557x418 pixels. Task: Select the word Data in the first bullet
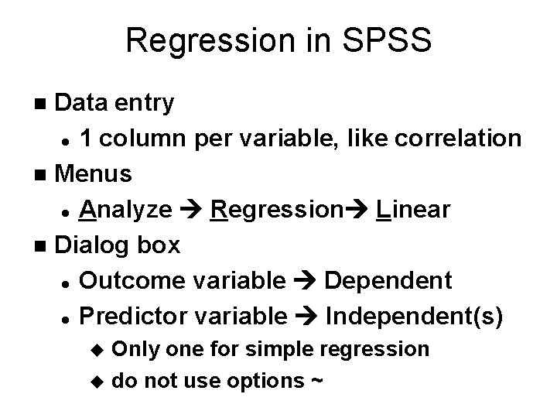[x=85, y=102]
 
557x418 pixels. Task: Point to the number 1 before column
[x=87, y=138]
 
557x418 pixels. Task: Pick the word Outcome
[x=127, y=280]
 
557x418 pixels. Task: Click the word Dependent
[x=388, y=280]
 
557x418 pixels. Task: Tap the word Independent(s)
[x=414, y=316]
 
